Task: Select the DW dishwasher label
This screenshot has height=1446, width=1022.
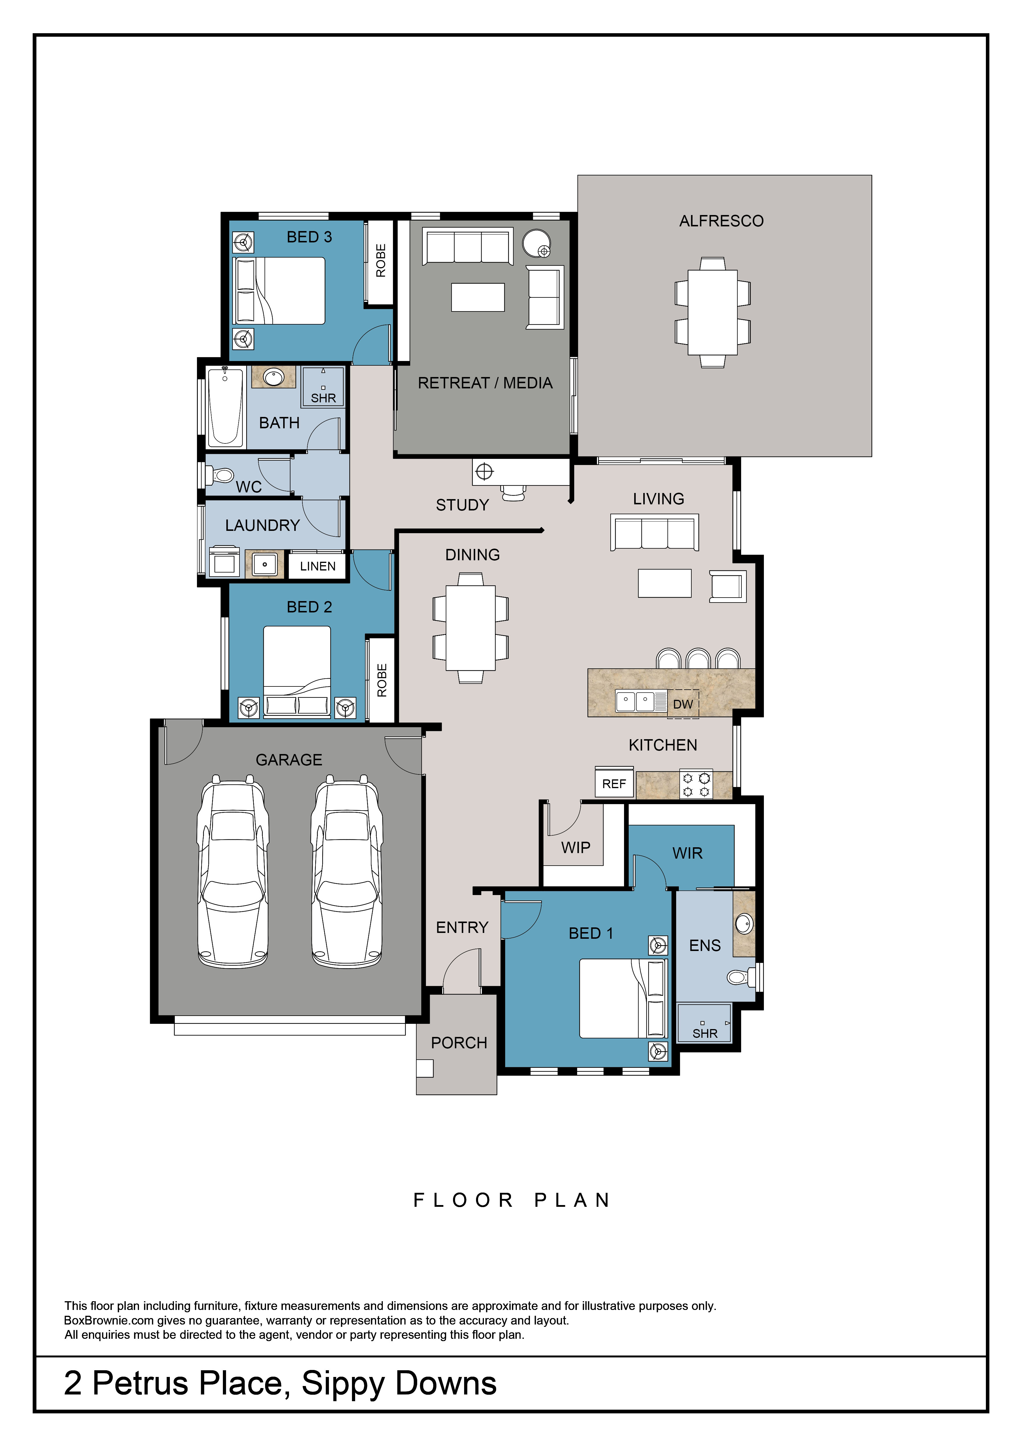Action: pyautogui.click(x=683, y=704)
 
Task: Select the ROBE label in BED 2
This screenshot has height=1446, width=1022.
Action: pyautogui.click(x=382, y=680)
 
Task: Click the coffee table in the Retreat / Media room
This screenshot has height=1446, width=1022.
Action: pyautogui.click(x=477, y=297)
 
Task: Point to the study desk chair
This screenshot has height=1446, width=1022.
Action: pyautogui.click(x=514, y=492)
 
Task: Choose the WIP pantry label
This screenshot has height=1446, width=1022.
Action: pyautogui.click(x=576, y=848)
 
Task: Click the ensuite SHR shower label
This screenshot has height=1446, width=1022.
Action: pyautogui.click(x=705, y=1033)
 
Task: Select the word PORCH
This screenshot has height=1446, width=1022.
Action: pyautogui.click(x=459, y=1043)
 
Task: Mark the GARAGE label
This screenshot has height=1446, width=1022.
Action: pyautogui.click(x=289, y=760)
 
